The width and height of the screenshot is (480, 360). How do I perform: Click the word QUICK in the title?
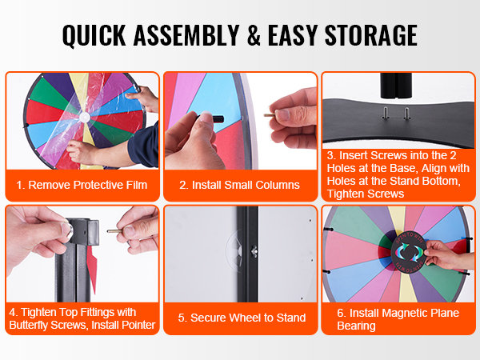click(94, 35)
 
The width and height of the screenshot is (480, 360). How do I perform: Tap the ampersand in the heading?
click(254, 35)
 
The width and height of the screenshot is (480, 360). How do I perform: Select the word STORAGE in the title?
click(370, 35)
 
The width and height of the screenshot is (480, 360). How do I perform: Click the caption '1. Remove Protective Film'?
click(82, 185)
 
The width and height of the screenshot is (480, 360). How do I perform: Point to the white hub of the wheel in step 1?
click(84, 117)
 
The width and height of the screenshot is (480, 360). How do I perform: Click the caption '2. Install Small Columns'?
click(239, 185)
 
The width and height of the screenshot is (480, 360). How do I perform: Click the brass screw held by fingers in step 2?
click(270, 114)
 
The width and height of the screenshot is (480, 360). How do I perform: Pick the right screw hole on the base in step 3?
click(406, 113)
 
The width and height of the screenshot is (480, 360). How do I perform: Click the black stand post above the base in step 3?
click(396, 86)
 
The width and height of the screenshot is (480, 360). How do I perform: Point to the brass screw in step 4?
click(114, 231)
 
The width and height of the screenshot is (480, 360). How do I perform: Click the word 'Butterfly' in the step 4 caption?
click(28, 325)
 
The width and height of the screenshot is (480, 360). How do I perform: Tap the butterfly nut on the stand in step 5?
click(254, 251)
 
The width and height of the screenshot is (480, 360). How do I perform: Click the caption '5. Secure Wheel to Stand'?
click(242, 318)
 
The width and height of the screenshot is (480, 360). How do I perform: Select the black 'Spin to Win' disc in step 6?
click(409, 252)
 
